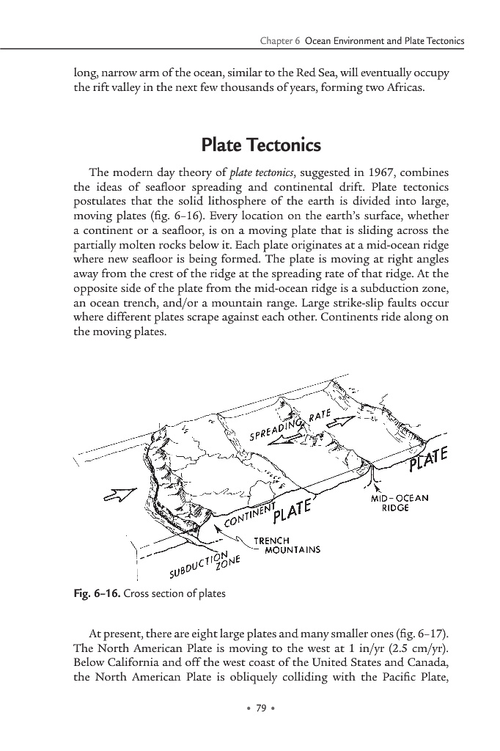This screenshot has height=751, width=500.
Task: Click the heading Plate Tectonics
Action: pyautogui.click(x=250, y=145)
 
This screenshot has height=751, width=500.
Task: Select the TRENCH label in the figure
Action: pyautogui.click(x=269, y=541)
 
